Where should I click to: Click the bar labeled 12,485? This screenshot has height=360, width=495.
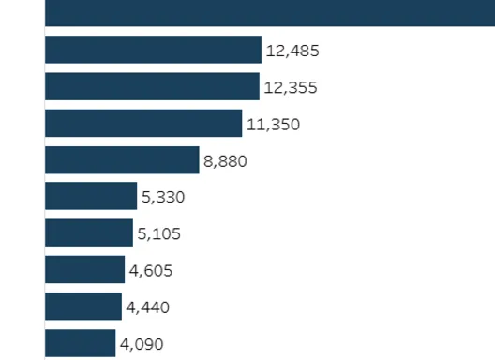(x=153, y=50)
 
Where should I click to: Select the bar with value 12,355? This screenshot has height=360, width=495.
(x=152, y=86)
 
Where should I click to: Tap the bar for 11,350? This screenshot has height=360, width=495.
(x=143, y=123)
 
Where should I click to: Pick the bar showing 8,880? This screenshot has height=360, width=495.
(x=122, y=159)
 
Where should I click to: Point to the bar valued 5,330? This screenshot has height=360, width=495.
(x=91, y=196)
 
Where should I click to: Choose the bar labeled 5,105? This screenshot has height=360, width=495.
(x=89, y=232)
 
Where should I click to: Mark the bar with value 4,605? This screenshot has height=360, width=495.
(x=85, y=270)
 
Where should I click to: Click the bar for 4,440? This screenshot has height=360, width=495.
(x=83, y=307)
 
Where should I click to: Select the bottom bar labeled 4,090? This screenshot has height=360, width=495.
(x=81, y=343)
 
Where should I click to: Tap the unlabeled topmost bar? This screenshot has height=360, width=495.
(x=270, y=12)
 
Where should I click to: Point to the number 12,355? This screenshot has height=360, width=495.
(x=291, y=87)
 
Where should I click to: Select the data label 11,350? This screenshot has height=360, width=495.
(x=273, y=124)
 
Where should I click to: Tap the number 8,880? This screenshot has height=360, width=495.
(x=225, y=160)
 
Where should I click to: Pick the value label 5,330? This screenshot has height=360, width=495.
(x=163, y=197)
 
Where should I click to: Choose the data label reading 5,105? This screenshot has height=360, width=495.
(x=159, y=233)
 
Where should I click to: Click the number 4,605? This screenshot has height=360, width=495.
(x=151, y=271)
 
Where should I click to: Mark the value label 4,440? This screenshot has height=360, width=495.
(x=148, y=307)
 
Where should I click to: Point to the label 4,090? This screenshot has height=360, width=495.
(x=142, y=344)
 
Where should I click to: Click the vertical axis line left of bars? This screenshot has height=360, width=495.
(x=44, y=187)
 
